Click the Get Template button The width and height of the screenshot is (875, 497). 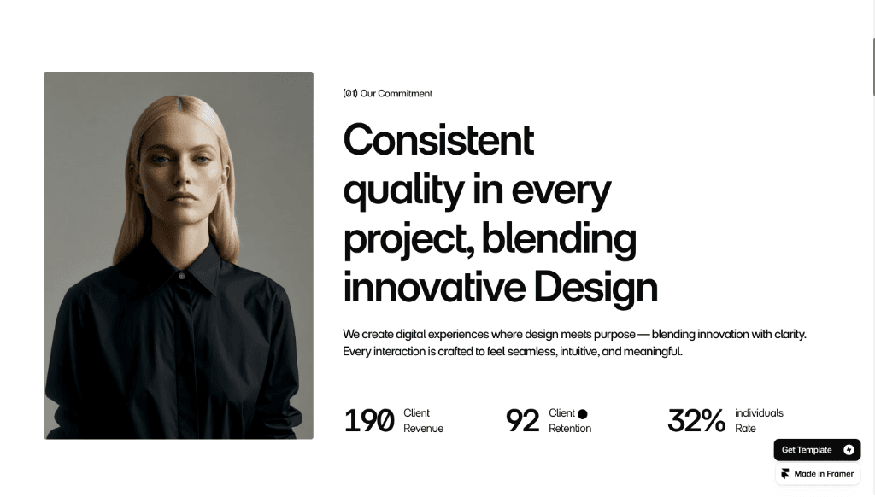[817, 449]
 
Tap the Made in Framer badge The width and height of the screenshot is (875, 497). [818, 474]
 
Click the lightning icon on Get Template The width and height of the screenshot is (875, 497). [849, 449]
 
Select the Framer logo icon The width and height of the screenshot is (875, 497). [785, 474]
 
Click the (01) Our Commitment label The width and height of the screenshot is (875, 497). [387, 94]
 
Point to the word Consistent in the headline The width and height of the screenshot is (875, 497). [438, 140]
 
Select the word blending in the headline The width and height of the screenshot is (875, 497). [559, 239]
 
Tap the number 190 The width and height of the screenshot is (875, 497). [369, 421]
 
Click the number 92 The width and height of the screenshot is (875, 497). [522, 421]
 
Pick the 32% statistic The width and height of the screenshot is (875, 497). [696, 421]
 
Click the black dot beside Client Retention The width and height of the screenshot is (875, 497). [583, 414]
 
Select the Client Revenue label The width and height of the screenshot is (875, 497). [423, 421]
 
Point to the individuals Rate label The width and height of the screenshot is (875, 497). [759, 421]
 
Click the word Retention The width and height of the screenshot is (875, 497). [570, 429]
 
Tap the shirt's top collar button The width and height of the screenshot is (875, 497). [181, 276]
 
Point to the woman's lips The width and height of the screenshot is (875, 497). [183, 197]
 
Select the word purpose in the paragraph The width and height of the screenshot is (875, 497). [614, 335]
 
